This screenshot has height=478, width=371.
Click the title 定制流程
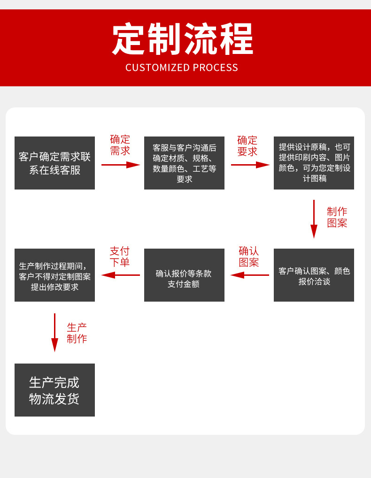[x=183, y=39]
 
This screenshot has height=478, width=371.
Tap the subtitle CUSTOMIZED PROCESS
[x=182, y=68]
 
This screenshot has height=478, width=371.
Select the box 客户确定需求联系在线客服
[x=54, y=163]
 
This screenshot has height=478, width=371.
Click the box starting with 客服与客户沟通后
[x=184, y=163]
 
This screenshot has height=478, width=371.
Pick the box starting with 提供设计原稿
[x=314, y=163]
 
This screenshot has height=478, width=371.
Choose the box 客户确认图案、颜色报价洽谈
[x=314, y=275]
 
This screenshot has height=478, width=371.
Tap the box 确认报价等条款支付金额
[x=184, y=275]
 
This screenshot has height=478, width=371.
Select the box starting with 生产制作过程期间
[x=54, y=275]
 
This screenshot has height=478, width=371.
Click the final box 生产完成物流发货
[x=54, y=390]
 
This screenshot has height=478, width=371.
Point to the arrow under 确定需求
[x=121, y=165]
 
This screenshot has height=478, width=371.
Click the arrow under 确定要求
[x=250, y=165]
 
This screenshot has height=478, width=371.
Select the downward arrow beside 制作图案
[x=314, y=219]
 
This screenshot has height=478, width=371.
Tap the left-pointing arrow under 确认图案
[x=250, y=275]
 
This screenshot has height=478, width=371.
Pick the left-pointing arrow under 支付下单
[x=121, y=275]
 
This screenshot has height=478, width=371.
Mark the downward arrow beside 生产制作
[x=54, y=333]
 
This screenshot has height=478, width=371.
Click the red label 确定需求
[x=120, y=145]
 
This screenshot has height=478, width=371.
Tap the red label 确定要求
[x=247, y=146]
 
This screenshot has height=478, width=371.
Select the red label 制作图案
[x=337, y=217]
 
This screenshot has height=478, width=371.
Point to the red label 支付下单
[x=120, y=257]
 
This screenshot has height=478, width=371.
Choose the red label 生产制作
[x=77, y=333]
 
